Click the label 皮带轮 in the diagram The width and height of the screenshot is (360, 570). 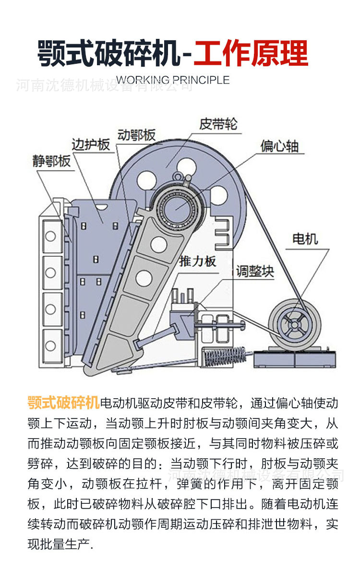pos(218,124)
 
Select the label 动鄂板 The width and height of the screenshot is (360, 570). pos(136,135)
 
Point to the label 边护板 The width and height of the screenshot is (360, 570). pos(91,144)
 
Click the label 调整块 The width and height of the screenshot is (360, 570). pos(255,272)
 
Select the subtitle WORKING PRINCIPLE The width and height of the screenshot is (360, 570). pos(173,80)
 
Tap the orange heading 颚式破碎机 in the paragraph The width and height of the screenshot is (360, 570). pos(63,402)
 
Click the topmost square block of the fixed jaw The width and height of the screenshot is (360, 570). pos(51,236)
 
